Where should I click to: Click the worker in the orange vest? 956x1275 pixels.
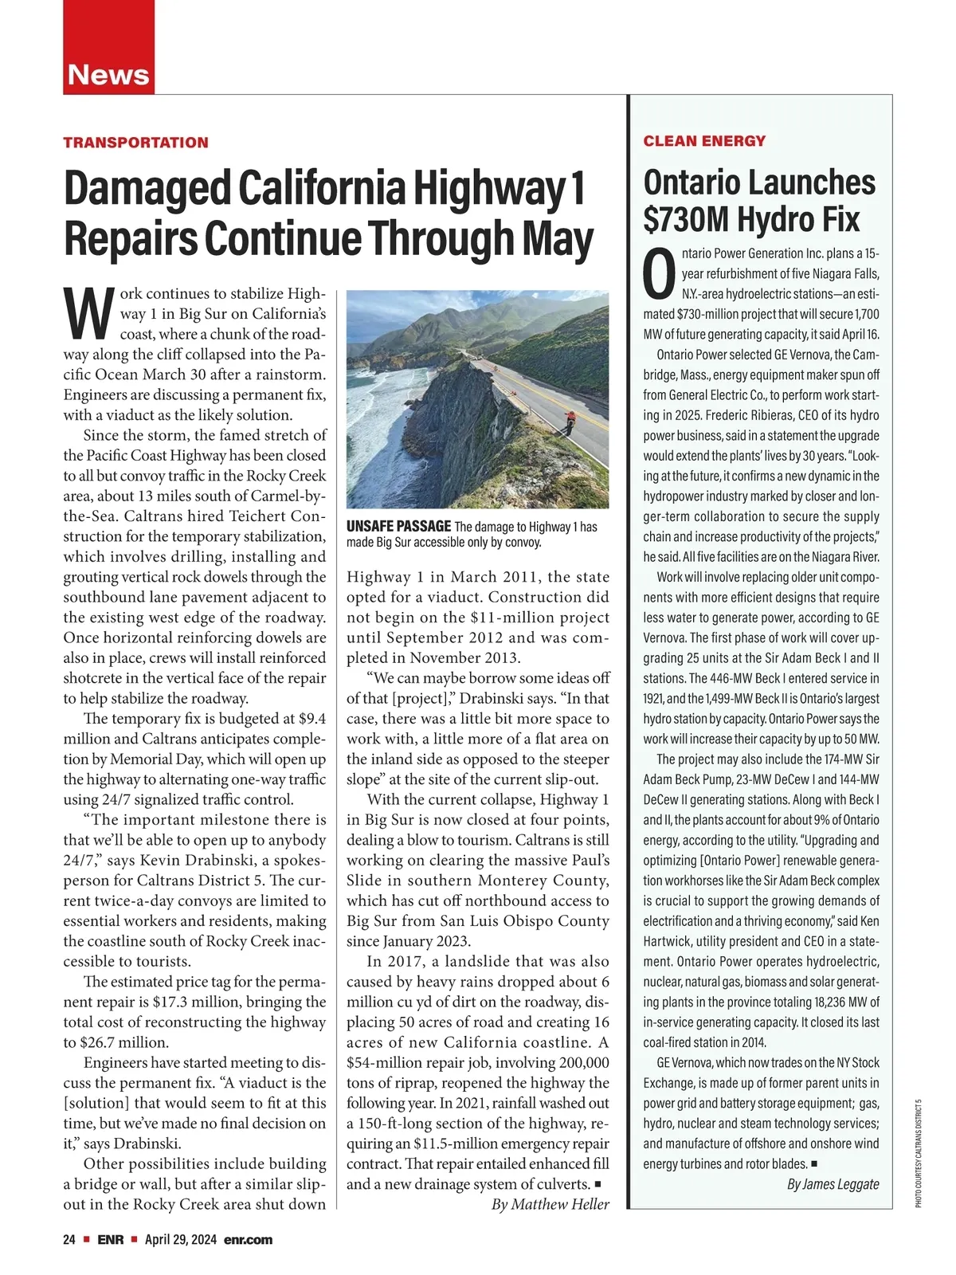pyautogui.click(x=570, y=420)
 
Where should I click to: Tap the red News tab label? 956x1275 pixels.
pyautogui.click(x=108, y=75)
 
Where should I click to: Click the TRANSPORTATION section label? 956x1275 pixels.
pyautogui.click(x=135, y=143)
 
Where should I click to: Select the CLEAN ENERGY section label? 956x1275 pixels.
pyautogui.click(x=704, y=141)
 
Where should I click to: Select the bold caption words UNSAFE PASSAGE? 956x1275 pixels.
pyautogui.click(x=398, y=526)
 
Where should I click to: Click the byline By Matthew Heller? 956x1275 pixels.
pyautogui.click(x=550, y=1204)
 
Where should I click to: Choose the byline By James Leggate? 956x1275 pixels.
pyautogui.click(x=833, y=1183)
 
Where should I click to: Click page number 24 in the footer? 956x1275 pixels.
pyautogui.click(x=69, y=1240)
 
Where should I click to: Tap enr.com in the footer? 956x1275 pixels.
pyautogui.click(x=249, y=1240)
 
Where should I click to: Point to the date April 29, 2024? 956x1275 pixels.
pyautogui.click(x=180, y=1240)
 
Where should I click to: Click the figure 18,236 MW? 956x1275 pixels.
pyautogui.click(x=841, y=1002)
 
